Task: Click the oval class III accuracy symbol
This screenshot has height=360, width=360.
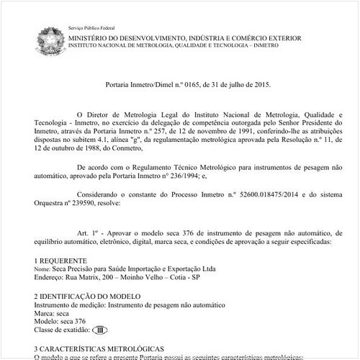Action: (x=100, y=330)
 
